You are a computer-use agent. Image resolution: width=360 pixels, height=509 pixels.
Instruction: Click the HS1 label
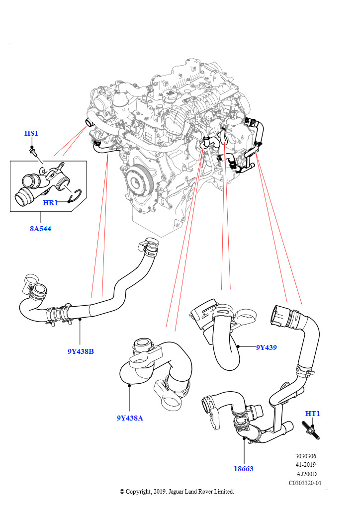tap(31, 133)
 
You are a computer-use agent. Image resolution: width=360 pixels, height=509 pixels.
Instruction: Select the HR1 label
tap(51, 203)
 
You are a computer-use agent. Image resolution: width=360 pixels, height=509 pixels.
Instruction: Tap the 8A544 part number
tap(40, 229)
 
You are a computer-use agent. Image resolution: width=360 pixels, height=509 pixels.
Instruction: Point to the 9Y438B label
tap(81, 351)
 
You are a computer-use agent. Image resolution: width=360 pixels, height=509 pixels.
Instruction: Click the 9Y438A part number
tap(130, 418)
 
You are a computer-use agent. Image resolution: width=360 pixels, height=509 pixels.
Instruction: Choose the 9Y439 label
tap(266, 347)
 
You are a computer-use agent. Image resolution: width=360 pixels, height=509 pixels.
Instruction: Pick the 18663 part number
tap(244, 468)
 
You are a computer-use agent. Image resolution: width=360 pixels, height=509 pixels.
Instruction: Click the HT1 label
tap(312, 414)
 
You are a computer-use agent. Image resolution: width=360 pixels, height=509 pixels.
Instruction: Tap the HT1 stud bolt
tap(310, 430)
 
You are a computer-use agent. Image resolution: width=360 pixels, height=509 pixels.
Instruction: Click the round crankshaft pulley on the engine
tap(138, 179)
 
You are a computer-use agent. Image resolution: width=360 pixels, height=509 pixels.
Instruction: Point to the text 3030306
tap(305, 456)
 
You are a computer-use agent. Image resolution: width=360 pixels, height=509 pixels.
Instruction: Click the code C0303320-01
tap(305, 483)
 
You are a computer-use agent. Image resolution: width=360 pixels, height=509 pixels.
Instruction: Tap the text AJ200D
tap(305, 474)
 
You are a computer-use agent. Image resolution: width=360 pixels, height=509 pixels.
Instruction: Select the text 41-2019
tap(305, 465)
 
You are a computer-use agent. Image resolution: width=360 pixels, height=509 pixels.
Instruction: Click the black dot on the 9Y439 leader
tap(239, 346)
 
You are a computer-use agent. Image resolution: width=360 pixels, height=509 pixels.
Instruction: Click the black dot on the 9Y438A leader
tap(129, 384)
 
